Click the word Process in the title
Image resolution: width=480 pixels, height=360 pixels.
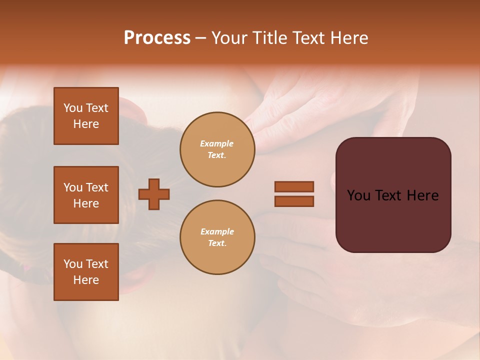click(157, 38)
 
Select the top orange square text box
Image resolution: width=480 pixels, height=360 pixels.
click(86, 116)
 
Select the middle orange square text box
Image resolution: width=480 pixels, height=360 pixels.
click(86, 195)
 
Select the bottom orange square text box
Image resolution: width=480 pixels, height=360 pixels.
click(86, 272)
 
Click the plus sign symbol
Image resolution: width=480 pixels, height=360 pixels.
click(154, 194)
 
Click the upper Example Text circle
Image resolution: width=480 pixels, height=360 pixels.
click(217, 149)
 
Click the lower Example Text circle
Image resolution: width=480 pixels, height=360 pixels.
click(217, 237)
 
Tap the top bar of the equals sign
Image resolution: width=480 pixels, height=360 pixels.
click(294, 187)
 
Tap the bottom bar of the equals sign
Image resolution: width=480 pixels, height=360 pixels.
click(294, 201)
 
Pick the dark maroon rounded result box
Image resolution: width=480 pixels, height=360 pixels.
click(393, 220)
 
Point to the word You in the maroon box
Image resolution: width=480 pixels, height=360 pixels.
click(358, 195)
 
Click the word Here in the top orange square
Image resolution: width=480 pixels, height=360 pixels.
click(86, 124)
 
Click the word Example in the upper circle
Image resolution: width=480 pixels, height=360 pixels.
click(217, 143)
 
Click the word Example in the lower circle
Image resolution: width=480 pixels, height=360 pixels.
click(217, 231)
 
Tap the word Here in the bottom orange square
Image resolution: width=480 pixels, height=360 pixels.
click(86, 280)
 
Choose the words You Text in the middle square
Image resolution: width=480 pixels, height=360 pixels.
click(86, 187)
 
